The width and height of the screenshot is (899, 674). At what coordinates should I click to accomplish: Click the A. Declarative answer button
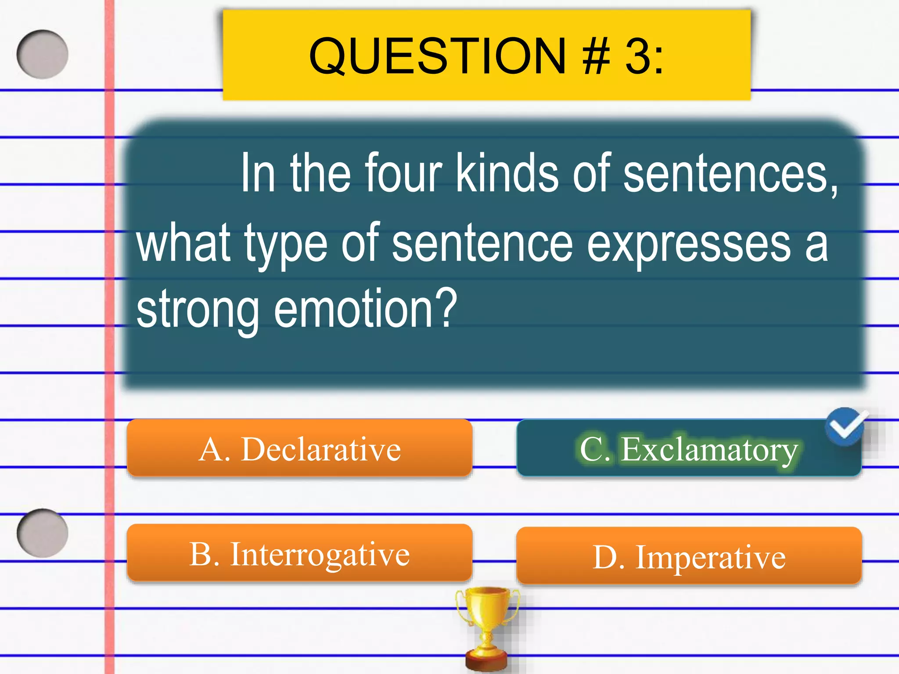pyautogui.click(x=299, y=448)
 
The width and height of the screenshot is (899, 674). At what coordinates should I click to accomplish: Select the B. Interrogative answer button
pyautogui.click(x=299, y=553)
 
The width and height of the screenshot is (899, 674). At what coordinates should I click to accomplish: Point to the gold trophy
pyautogui.click(x=487, y=627)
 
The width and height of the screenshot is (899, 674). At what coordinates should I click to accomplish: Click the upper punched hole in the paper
pyautogui.click(x=43, y=54)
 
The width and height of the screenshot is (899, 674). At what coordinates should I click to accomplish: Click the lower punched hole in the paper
pyautogui.click(x=43, y=533)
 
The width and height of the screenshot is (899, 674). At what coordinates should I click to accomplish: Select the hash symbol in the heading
pyautogui.click(x=597, y=56)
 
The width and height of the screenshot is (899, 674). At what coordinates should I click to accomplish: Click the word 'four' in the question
pyautogui.click(x=403, y=173)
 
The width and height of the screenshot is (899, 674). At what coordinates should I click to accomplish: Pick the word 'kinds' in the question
pyautogui.click(x=507, y=173)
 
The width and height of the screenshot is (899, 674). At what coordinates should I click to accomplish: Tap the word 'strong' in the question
pyautogui.click(x=198, y=310)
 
